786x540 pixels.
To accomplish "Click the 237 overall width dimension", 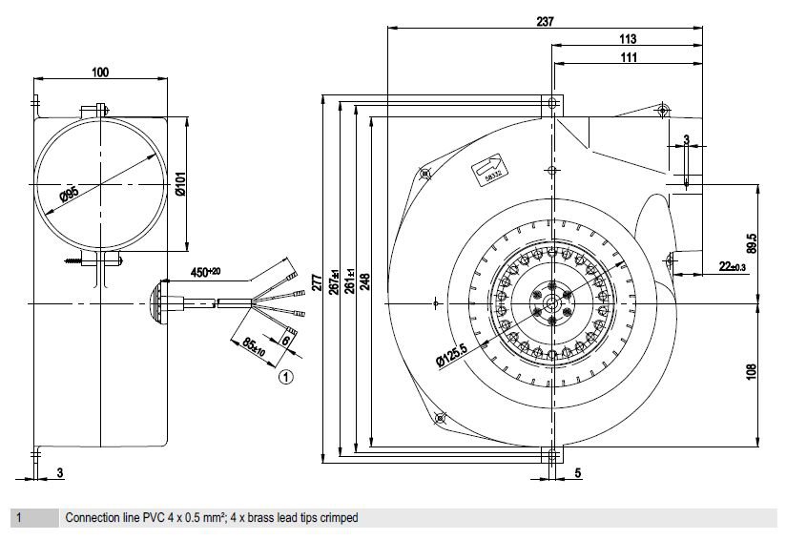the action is pyautogui.click(x=545, y=21).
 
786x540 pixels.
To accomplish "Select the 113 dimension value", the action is pyautogui.click(x=628, y=38).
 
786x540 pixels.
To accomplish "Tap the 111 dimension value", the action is pyautogui.click(x=629, y=57).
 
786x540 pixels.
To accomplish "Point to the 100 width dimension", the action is pyautogui.click(x=100, y=73).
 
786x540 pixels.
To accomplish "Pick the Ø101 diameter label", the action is pyautogui.click(x=180, y=183).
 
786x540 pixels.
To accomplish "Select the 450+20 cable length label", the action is pyautogui.click(x=205, y=272).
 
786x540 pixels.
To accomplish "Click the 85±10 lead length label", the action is pyautogui.click(x=253, y=346).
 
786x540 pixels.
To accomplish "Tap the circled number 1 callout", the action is pyautogui.click(x=286, y=377).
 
